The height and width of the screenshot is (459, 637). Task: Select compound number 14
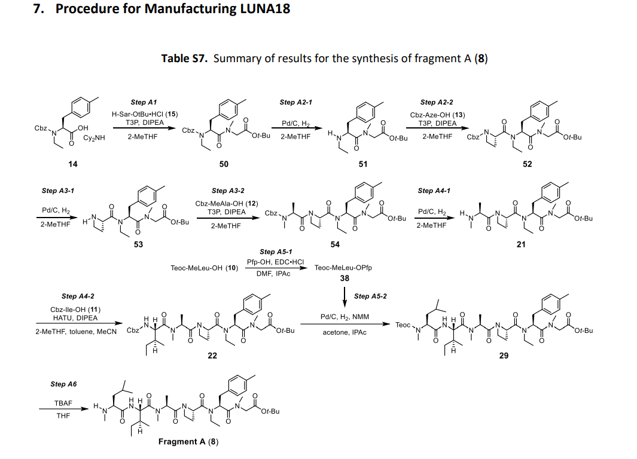pyautogui.click(x=72, y=164)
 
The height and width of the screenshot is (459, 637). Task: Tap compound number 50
pyautogui.click(x=223, y=164)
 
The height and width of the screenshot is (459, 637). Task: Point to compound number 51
pyautogui.click(x=363, y=164)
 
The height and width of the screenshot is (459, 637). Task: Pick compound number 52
pyautogui.click(x=527, y=164)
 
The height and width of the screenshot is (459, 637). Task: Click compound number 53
pyautogui.click(x=138, y=244)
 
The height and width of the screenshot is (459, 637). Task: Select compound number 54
pyautogui.click(x=335, y=244)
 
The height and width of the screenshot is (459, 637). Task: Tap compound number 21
pyautogui.click(x=521, y=244)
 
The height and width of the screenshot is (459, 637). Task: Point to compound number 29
pyautogui.click(x=504, y=356)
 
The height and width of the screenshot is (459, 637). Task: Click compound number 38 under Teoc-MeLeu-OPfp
pyautogui.click(x=345, y=278)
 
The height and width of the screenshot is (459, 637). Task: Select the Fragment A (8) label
pyautogui.click(x=188, y=442)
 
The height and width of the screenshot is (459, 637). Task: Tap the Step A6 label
pyautogui.click(x=63, y=384)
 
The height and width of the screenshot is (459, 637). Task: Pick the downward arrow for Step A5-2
pyautogui.click(x=345, y=296)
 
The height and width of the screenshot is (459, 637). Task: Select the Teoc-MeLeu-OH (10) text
pyautogui.click(x=205, y=268)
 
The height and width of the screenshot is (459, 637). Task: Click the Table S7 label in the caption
pyautogui.click(x=184, y=59)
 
